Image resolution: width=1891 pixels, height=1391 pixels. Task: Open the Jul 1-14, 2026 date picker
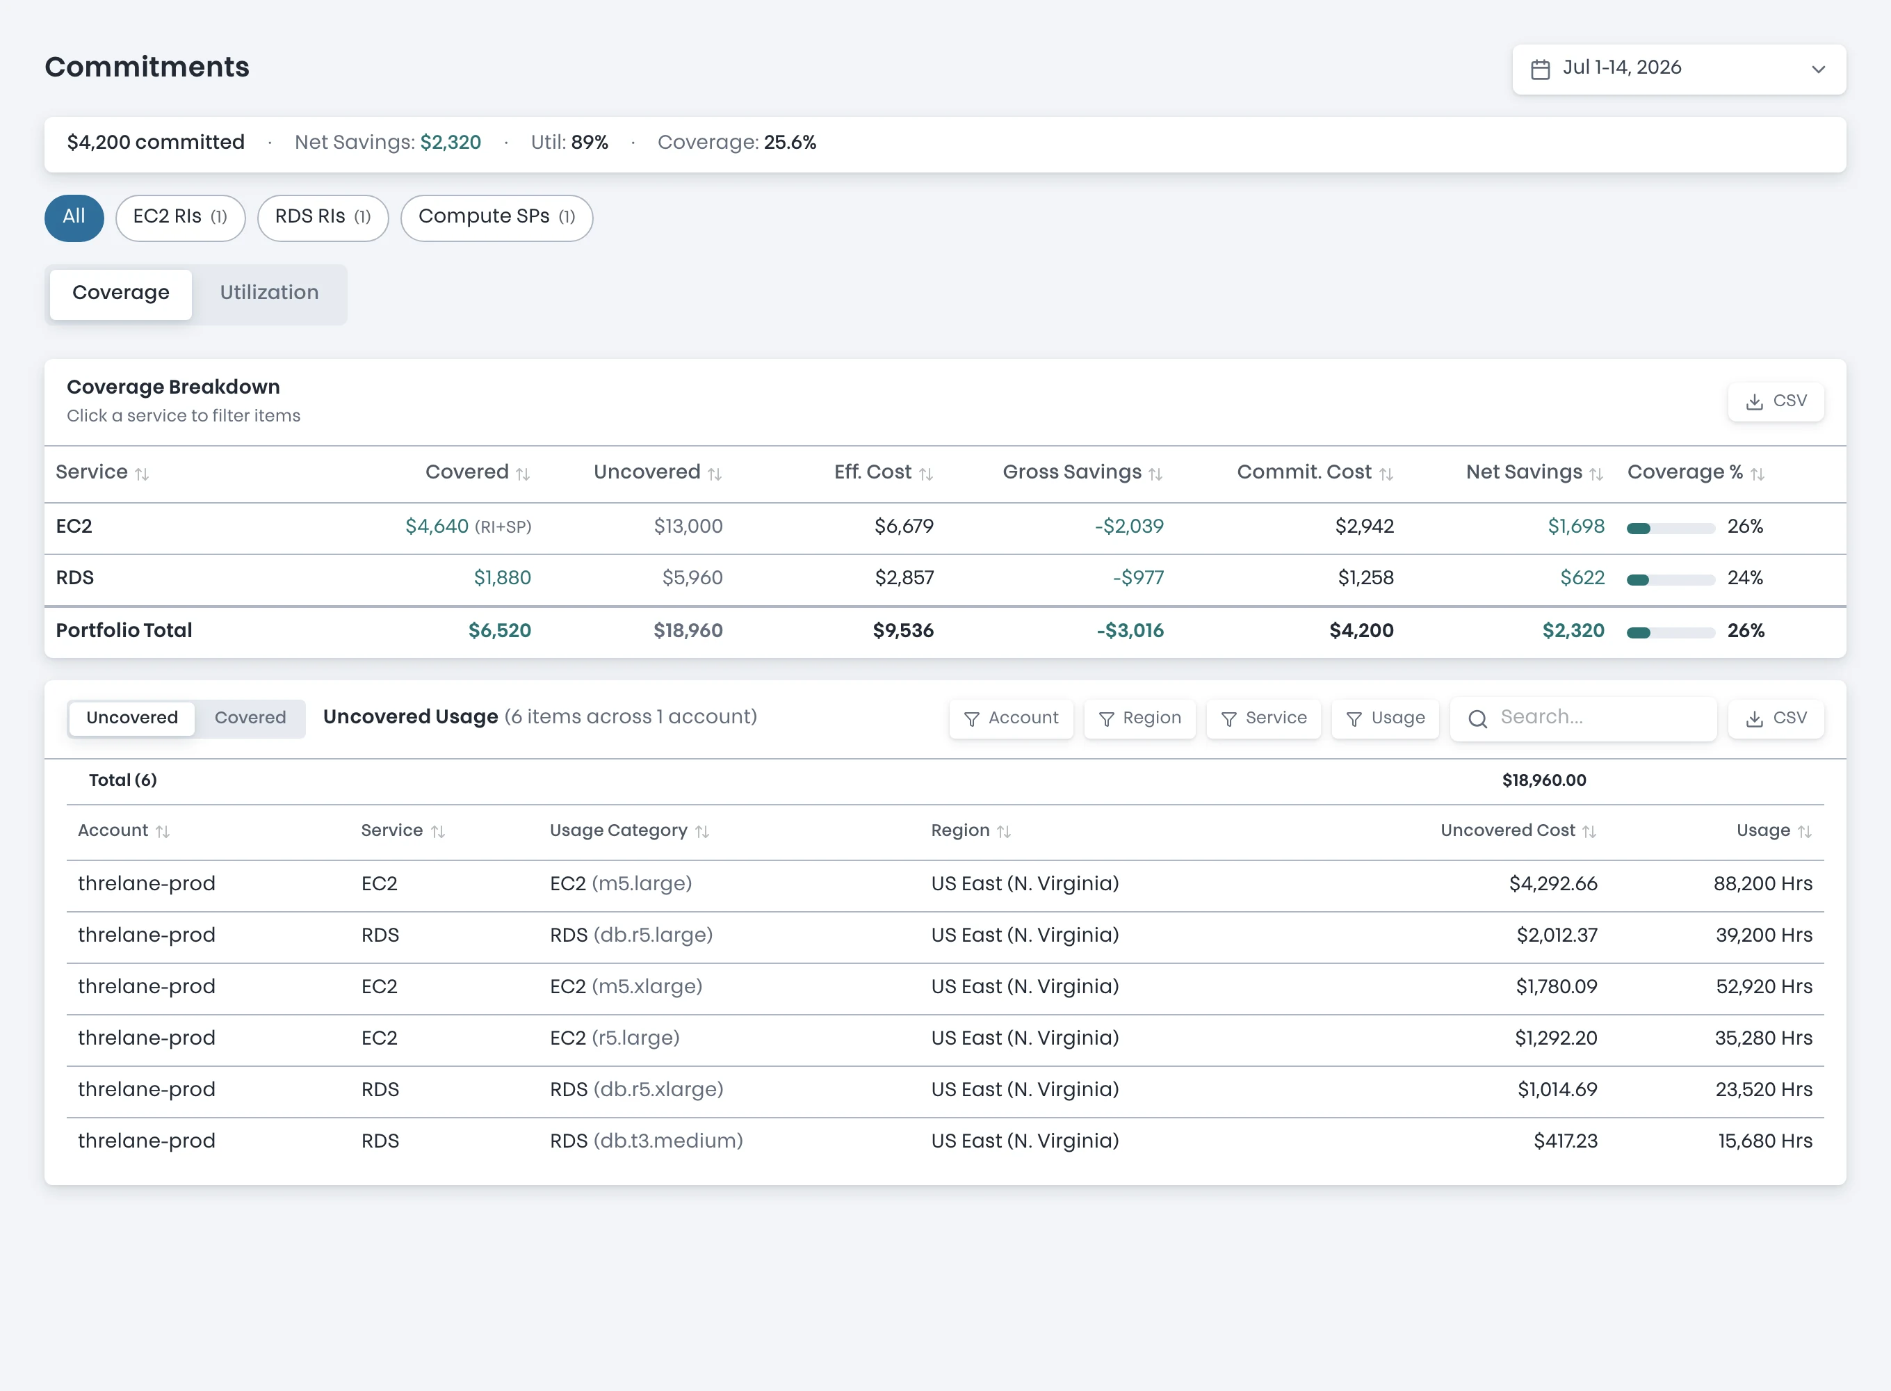(1678, 69)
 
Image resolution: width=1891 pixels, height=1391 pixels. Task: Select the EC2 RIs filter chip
(180, 217)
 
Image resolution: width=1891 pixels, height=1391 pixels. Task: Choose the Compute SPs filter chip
(496, 217)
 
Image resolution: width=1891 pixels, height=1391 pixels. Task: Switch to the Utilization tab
(269, 293)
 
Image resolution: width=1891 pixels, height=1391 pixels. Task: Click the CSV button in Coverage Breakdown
(1776, 401)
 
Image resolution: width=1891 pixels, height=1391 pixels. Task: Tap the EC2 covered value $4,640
(437, 527)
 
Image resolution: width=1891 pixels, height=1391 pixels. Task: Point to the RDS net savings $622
(1582, 579)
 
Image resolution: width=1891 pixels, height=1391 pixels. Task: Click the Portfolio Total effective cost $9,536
(903, 631)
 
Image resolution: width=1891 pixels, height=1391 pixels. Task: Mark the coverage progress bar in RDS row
(1671, 579)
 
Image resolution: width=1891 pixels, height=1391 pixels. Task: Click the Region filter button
(1139, 718)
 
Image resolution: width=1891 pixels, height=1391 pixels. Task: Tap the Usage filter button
(1384, 718)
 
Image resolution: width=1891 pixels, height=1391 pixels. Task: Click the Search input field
(1583, 718)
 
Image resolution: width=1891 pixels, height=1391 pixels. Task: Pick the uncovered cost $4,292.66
(1552, 884)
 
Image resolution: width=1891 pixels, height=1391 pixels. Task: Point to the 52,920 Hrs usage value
(1764, 987)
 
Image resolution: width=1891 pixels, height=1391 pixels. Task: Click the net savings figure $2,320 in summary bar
(451, 143)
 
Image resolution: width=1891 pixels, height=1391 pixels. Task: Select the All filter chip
(74, 217)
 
